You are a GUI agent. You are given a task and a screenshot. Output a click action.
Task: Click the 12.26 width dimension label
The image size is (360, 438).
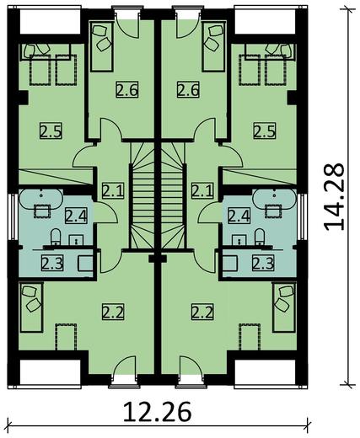156,414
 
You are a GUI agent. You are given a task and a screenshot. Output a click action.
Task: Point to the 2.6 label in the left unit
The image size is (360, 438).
127,89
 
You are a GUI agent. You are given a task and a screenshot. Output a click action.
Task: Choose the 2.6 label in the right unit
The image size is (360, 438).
188,89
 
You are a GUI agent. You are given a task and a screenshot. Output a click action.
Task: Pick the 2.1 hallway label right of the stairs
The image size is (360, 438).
202,190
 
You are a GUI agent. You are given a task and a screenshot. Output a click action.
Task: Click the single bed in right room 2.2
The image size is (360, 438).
282,303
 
